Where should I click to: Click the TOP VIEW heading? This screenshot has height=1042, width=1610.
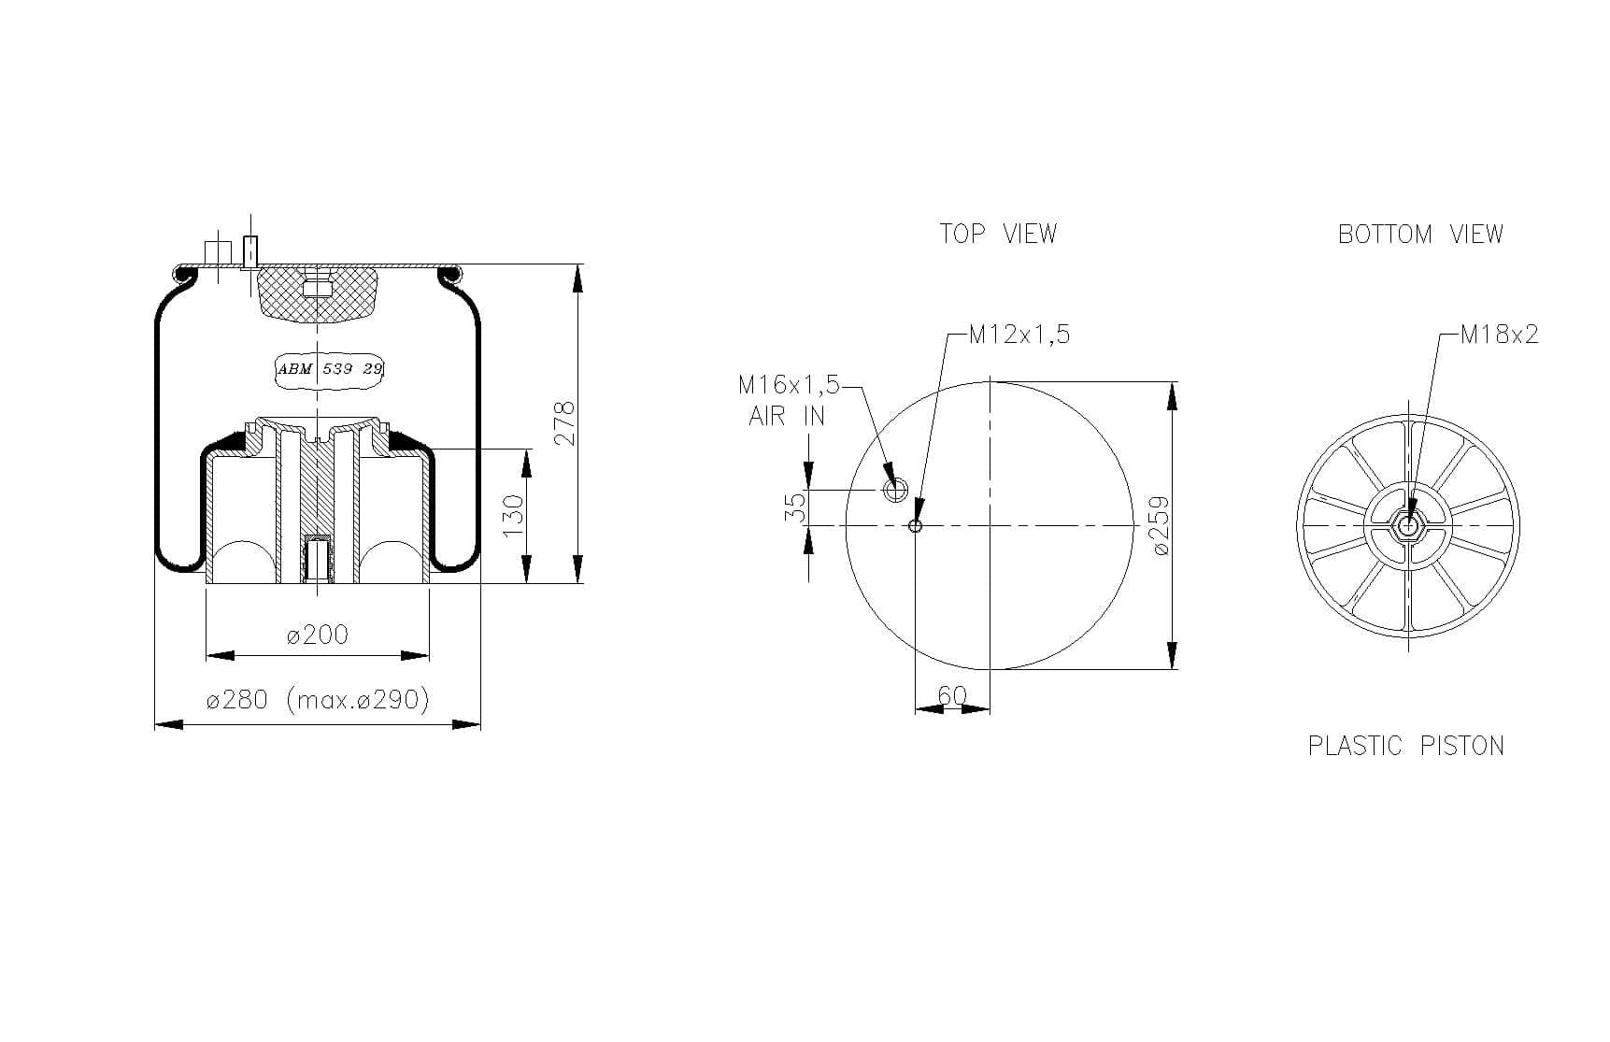[998, 234]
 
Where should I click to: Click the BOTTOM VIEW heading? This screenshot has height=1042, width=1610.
[1420, 234]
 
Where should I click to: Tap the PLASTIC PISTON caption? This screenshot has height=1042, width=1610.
[1405, 746]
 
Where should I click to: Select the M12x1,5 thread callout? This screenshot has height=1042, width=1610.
[1019, 335]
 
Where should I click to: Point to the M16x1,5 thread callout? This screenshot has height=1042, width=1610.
[789, 385]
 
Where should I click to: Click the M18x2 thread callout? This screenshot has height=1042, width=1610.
[1499, 335]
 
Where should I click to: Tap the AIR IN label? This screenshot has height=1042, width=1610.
[787, 417]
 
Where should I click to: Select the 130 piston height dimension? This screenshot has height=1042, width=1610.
[514, 516]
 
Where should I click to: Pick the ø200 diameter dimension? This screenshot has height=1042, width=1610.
[318, 635]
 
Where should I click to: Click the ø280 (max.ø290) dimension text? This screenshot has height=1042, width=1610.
[318, 700]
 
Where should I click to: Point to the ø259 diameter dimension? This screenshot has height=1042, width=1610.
[1161, 525]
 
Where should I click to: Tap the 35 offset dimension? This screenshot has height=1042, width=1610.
[794, 507]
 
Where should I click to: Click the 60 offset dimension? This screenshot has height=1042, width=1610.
[951, 696]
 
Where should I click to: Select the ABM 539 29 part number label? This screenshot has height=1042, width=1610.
[330, 369]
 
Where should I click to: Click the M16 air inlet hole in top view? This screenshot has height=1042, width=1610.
[895, 489]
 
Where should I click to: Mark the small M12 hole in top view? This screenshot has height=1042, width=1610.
[916, 526]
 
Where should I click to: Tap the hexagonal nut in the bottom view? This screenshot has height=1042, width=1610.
[1407, 526]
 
